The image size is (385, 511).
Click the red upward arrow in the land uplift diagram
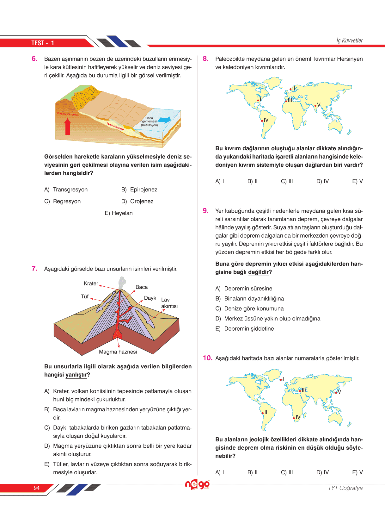click(x=67, y=127)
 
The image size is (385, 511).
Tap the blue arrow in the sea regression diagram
click(x=164, y=120)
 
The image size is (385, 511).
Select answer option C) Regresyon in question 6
click(x=63, y=201)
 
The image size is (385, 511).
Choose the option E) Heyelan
click(x=119, y=213)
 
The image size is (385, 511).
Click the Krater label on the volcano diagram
click(x=91, y=284)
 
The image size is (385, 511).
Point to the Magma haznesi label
click(x=118, y=352)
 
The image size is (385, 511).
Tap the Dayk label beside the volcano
click(x=150, y=298)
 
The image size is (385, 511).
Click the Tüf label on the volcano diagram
click(x=84, y=297)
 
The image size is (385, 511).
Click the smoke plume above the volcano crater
click(x=122, y=282)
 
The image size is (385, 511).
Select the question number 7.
click(x=34, y=269)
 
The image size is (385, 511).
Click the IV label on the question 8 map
click(x=266, y=120)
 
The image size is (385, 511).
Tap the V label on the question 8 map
click(x=319, y=105)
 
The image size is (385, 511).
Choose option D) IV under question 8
click(x=322, y=181)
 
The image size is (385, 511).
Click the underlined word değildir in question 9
click(x=258, y=272)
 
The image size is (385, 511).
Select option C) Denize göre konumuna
click(x=249, y=308)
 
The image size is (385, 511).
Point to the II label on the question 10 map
click(x=266, y=412)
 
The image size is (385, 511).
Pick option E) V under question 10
click(x=357, y=472)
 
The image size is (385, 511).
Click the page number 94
click(x=37, y=488)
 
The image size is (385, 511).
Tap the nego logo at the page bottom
click(x=197, y=484)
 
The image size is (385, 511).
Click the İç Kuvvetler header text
click(x=350, y=41)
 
